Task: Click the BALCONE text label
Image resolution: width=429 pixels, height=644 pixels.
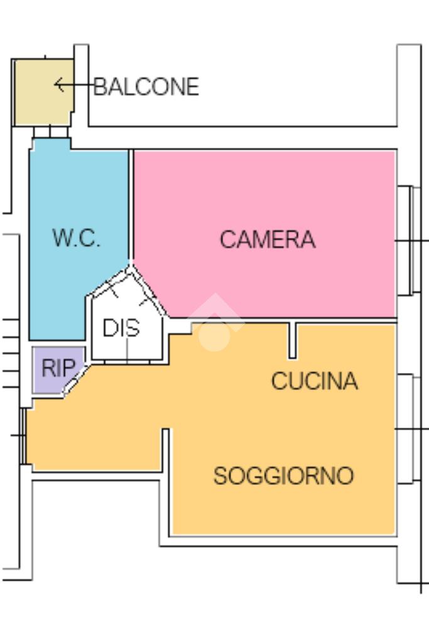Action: click(x=146, y=87)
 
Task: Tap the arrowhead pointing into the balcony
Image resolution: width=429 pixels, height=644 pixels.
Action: click(x=58, y=85)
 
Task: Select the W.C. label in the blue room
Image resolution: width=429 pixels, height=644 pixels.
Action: click(x=76, y=237)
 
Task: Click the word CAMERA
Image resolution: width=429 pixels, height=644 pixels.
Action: click(x=268, y=240)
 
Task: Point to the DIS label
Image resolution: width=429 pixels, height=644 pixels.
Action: click(x=121, y=328)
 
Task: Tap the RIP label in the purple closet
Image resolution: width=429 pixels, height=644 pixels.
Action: click(x=58, y=367)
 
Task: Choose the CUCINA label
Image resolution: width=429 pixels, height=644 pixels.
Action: click(x=315, y=380)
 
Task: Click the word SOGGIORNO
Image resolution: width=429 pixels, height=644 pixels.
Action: click(x=283, y=475)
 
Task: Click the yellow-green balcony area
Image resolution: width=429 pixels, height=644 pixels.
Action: click(x=43, y=92)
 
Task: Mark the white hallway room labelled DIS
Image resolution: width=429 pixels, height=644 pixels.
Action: click(x=125, y=325)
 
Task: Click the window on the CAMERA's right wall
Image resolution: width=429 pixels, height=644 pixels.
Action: click(x=409, y=240)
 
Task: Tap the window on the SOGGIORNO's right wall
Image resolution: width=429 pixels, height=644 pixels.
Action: click(x=409, y=429)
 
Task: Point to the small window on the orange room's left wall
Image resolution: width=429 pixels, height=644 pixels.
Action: click(x=23, y=436)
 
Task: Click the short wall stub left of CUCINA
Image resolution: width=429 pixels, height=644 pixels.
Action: click(x=292, y=340)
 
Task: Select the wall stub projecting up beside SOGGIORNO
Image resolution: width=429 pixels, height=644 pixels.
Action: click(x=166, y=450)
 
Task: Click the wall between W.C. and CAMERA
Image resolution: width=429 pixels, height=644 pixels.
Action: click(x=131, y=206)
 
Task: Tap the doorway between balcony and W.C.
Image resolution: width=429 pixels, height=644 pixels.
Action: click(x=50, y=132)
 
